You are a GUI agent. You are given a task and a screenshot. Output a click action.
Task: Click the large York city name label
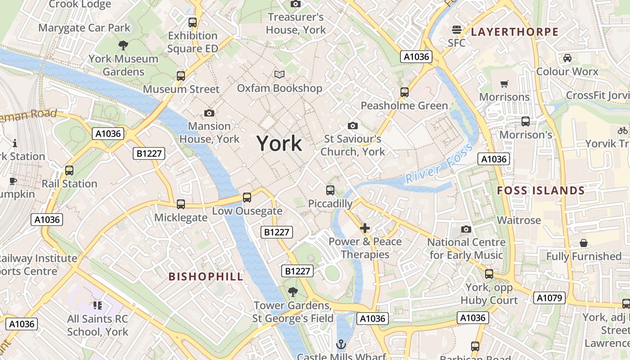click(x=279, y=144)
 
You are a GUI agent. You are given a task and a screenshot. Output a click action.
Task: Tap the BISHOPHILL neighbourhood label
click(x=206, y=276)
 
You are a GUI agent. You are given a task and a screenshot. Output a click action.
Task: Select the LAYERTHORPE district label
click(x=514, y=32)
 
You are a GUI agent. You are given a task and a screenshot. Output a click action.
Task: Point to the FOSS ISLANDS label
click(x=540, y=190)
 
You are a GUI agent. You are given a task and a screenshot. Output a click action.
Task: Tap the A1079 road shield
click(x=549, y=297)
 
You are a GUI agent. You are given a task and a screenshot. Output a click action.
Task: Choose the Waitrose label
click(x=518, y=220)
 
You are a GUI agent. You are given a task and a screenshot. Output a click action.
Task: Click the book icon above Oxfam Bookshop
click(x=279, y=74)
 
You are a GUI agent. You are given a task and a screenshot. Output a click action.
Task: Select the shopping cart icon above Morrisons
click(x=504, y=84)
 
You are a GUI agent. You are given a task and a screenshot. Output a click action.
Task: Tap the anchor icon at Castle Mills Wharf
click(x=341, y=344)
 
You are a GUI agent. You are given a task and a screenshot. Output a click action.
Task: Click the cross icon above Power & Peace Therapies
click(x=365, y=228)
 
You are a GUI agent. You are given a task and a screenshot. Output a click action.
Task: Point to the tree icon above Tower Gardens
click(x=293, y=292)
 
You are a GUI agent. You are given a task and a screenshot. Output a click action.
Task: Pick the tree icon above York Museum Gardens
click(x=123, y=45)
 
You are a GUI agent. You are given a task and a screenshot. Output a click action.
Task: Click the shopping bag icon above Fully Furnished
click(x=583, y=243)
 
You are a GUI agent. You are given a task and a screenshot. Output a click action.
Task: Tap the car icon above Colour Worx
click(x=567, y=58)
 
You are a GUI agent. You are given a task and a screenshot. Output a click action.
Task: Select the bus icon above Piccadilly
click(x=330, y=190)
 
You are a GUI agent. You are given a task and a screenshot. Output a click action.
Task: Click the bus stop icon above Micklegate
click(x=181, y=204)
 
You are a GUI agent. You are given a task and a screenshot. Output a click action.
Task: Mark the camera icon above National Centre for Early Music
click(x=466, y=229)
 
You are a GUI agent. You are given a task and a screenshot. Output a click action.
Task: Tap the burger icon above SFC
click(x=457, y=30)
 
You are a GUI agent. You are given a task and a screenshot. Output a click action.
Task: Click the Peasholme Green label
click(x=404, y=106)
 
